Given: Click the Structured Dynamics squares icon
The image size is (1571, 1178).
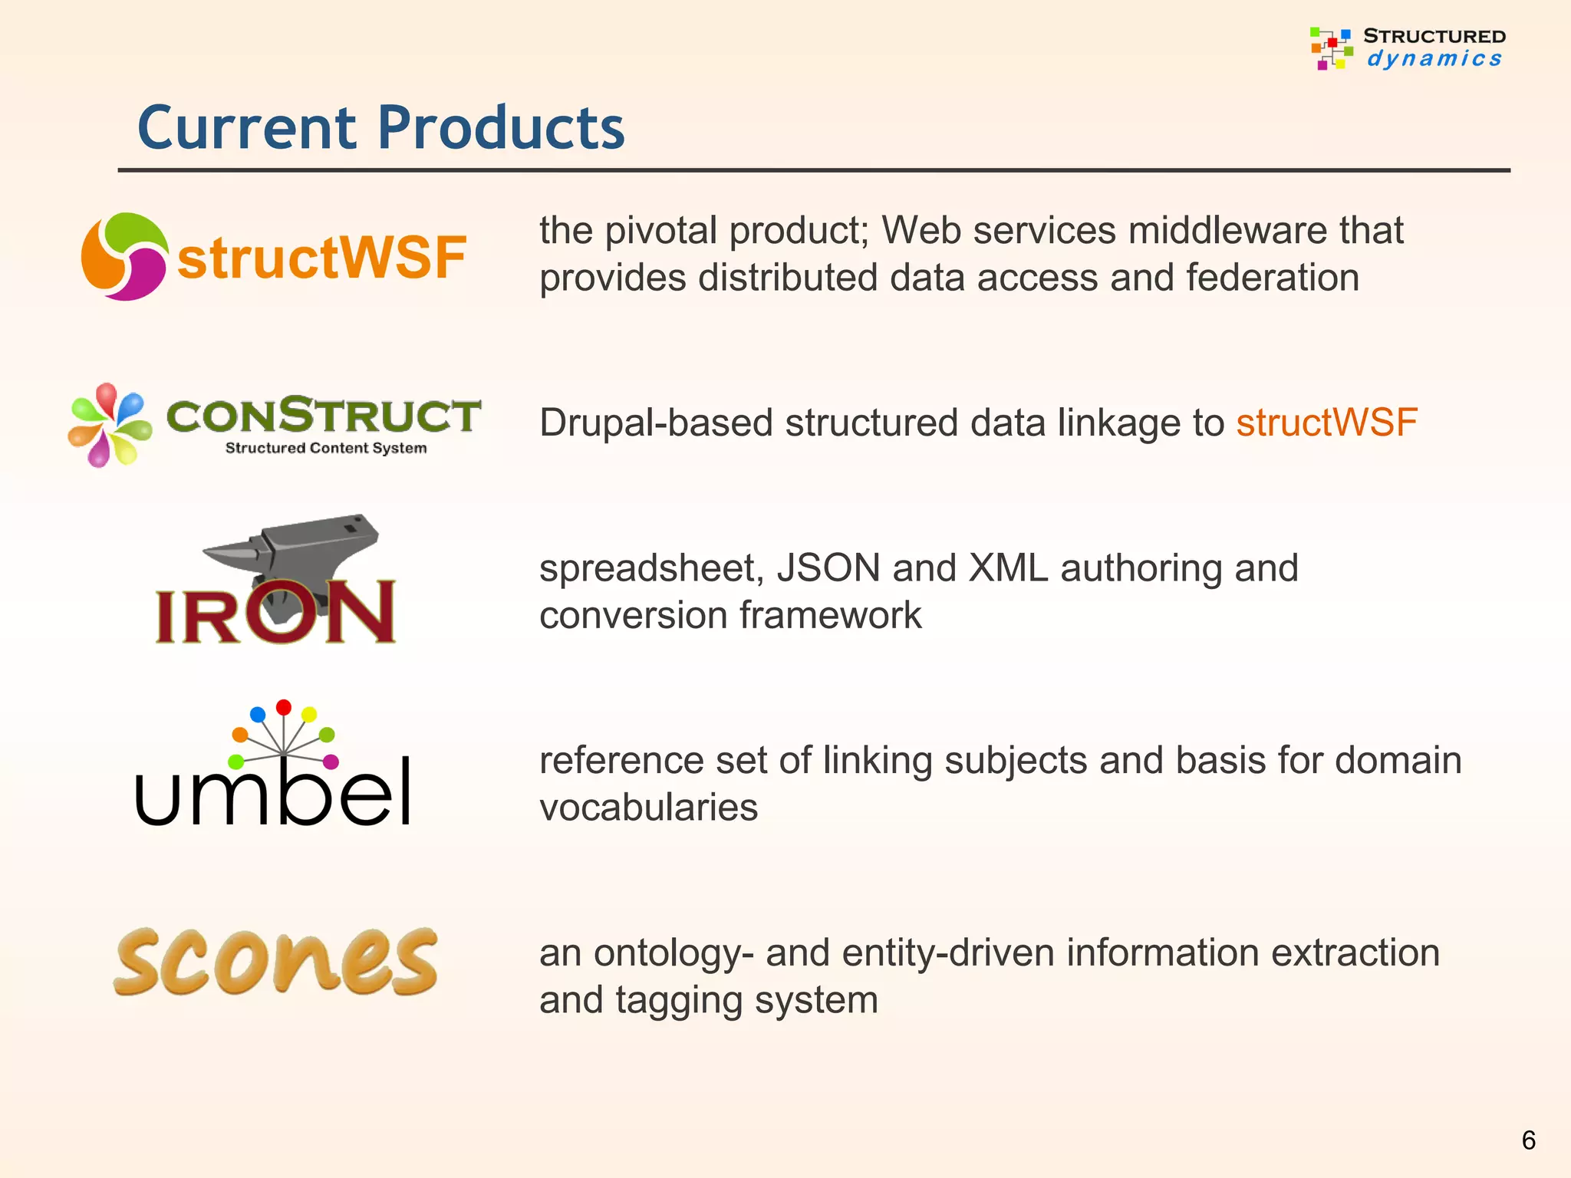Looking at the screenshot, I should click(x=1331, y=48).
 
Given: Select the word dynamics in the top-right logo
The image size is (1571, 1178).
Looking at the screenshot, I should click(x=1434, y=59).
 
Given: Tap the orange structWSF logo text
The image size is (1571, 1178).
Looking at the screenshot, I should click(x=321, y=258).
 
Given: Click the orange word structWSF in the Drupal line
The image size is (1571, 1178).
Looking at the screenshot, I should click(x=1326, y=423).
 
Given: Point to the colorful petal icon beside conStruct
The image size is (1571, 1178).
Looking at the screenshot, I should click(x=109, y=425).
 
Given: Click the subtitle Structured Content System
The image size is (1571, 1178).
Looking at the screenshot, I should click(x=326, y=448).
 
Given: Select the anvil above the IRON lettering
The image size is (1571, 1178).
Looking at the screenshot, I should click(x=295, y=552).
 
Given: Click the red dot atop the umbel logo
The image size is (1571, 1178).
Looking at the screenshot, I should click(x=284, y=706).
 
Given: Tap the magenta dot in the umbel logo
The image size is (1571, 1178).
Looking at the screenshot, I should click(x=331, y=762).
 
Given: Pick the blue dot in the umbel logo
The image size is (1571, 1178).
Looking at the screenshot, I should click(x=258, y=714).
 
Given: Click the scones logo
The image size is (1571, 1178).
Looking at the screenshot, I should click(x=276, y=962).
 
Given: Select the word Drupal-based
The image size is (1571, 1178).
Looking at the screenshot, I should click(x=656, y=423).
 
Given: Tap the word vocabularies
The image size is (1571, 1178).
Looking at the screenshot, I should click(x=648, y=808).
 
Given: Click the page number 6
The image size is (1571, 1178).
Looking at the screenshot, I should click(x=1528, y=1140).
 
